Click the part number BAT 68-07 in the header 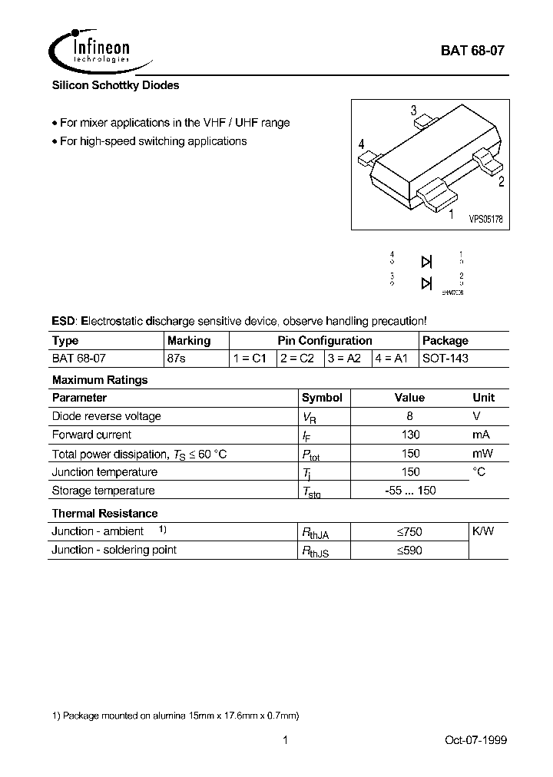coord(472,51)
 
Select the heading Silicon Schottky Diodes coord(115,86)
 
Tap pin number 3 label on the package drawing coord(413,110)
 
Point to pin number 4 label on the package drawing coord(361,144)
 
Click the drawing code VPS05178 coord(485,218)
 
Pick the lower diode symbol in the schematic coord(426,283)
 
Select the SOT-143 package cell coord(445,359)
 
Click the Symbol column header coord(322,398)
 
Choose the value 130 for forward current coord(410,435)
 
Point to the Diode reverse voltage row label coord(106,416)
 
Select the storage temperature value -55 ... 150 coord(410,491)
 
